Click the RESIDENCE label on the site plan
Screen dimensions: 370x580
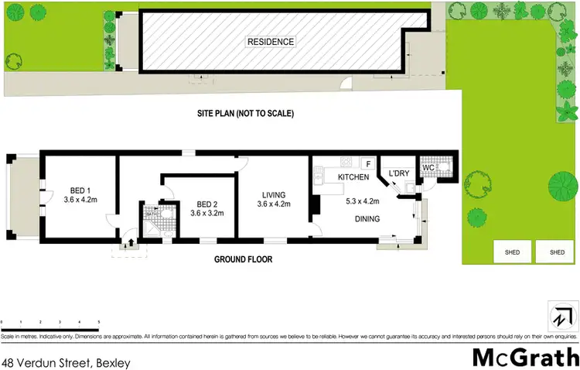[271, 41]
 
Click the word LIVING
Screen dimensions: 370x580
[273, 194]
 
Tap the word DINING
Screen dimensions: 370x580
[367, 219]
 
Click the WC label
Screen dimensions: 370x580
[428, 166]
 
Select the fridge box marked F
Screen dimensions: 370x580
[368, 163]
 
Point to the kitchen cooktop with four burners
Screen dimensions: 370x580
[346, 163]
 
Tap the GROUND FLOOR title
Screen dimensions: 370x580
[244, 259]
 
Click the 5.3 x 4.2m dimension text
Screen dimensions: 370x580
[365, 199]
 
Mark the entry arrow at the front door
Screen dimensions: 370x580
[129, 242]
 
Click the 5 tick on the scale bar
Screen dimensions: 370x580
[99, 321]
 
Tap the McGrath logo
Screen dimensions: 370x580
[524, 357]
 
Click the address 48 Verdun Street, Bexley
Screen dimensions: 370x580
[65, 361]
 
